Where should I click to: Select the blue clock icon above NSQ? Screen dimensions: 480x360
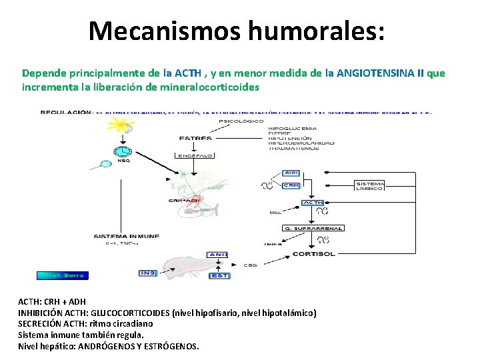[x=123, y=151]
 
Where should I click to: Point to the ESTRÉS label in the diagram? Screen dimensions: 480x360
[x=195, y=138]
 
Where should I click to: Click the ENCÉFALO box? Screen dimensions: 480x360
[x=195, y=155]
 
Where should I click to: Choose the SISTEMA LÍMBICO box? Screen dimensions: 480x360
[x=370, y=186]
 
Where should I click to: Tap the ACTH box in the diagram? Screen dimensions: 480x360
[x=313, y=203]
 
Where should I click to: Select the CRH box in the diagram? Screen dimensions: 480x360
[x=291, y=185]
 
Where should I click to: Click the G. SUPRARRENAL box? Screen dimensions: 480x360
[x=313, y=228]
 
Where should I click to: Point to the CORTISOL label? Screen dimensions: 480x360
[x=314, y=254]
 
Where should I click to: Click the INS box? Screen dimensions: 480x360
[x=147, y=272]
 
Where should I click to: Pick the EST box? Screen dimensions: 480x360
[x=219, y=275]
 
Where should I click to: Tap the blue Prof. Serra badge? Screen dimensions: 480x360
[x=62, y=275]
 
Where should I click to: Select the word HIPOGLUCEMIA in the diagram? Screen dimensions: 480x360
[x=292, y=128]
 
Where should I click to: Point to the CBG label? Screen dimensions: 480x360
[x=250, y=265]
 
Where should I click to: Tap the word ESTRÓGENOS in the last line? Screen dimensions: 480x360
[x=170, y=347]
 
